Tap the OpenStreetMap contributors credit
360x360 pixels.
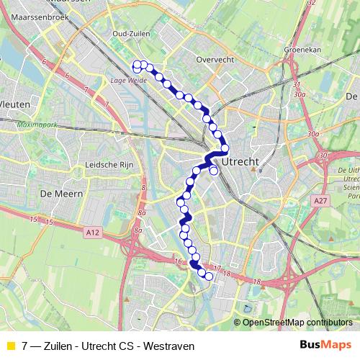pos(297,323)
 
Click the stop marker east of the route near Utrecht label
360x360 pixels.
pos(214,171)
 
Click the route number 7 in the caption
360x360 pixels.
pos(25,346)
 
